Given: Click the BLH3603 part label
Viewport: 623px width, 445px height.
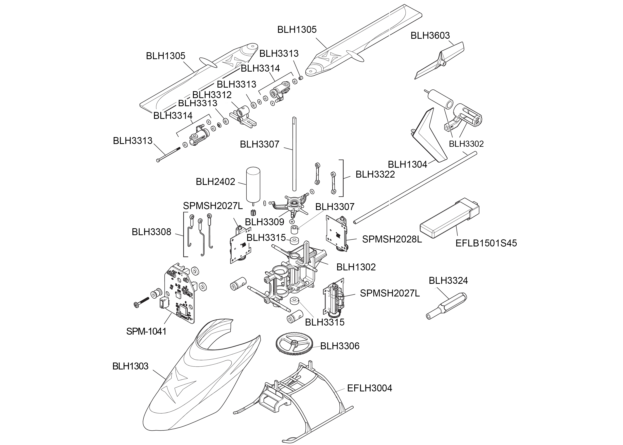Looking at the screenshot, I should [x=430, y=36].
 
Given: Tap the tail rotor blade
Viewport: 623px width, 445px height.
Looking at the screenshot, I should [x=438, y=62].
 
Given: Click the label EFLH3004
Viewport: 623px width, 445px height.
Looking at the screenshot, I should [x=370, y=388].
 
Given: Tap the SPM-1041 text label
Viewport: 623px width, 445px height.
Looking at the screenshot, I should [x=146, y=331].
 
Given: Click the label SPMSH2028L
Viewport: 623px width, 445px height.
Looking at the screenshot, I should [x=392, y=239].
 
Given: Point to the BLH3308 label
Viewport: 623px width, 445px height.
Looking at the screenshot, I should [x=151, y=232].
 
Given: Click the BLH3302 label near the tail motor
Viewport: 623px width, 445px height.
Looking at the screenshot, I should [x=466, y=144].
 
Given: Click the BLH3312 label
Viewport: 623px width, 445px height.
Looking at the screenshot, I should [x=212, y=95].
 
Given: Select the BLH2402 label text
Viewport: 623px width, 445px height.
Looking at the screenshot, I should [x=215, y=182].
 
